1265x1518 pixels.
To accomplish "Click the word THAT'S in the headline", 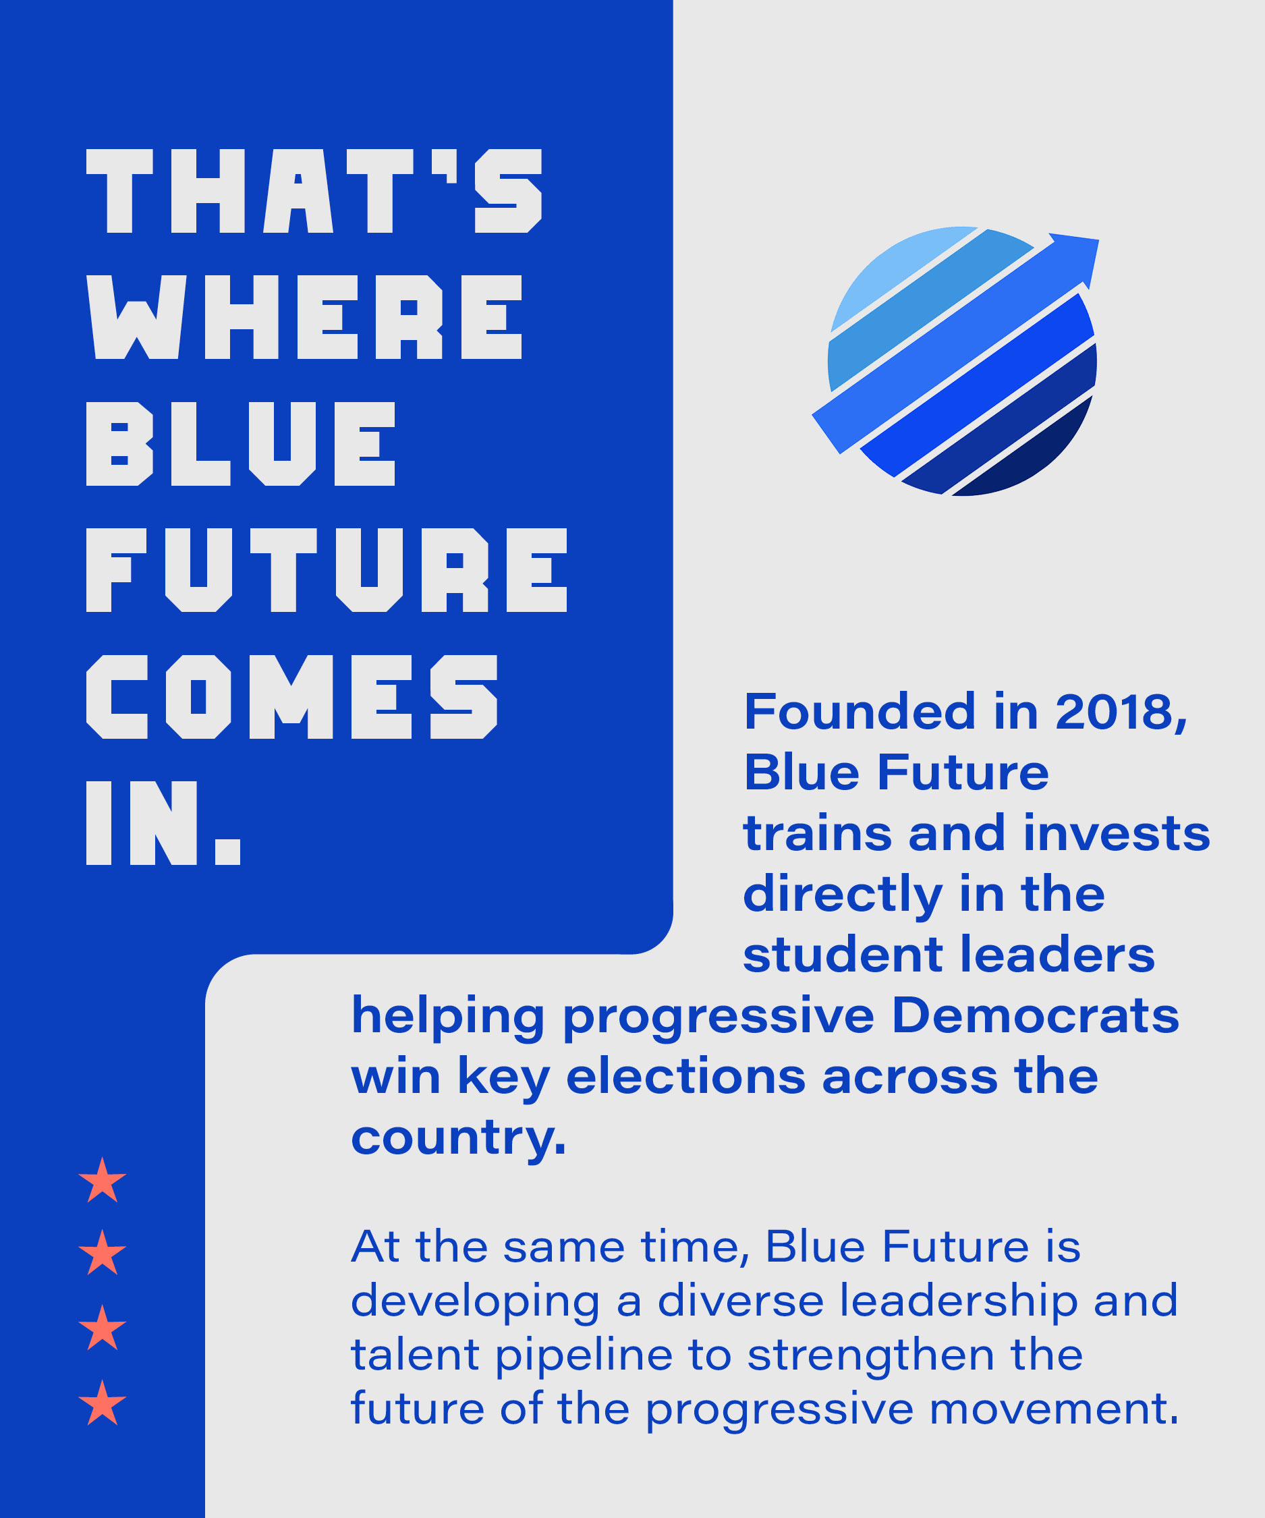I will coord(314,191).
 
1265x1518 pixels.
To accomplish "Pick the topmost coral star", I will coord(103,1181).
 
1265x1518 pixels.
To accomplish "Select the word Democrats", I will coord(1035,1015).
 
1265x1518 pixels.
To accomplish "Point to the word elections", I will coord(685,1076).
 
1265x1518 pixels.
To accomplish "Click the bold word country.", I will coord(457,1139).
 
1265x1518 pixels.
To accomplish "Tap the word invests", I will coord(1117,833).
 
